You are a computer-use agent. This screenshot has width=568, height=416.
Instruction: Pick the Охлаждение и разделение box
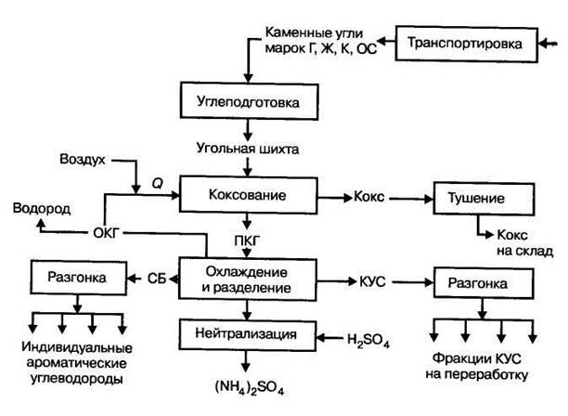pos(249,279)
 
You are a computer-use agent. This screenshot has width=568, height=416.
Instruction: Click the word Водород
pos(41,207)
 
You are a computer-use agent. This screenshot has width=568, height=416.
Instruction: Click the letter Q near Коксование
pos(157,184)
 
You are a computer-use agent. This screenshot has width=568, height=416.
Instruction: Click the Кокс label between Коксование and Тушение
pos(368,198)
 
